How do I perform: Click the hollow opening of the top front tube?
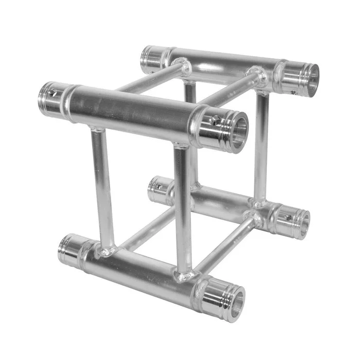tap(239, 132)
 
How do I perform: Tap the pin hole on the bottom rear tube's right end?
tap(288, 217)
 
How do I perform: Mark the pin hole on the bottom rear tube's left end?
tap(159, 186)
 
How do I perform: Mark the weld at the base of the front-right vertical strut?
tap(184, 275)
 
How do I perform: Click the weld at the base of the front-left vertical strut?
tap(107, 251)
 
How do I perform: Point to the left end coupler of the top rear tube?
tap(153, 59)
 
